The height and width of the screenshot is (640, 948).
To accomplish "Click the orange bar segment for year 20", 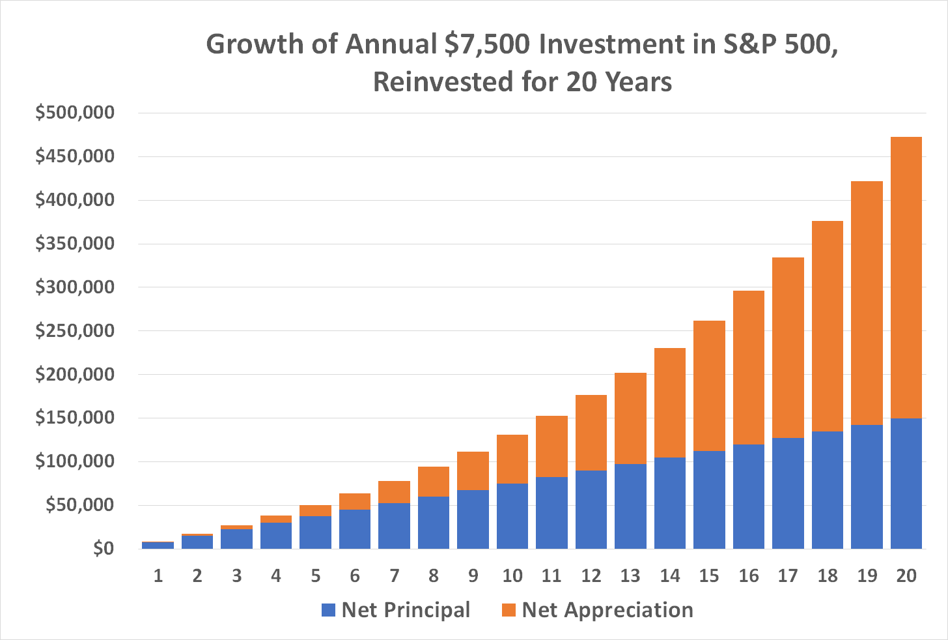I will click(x=906, y=277).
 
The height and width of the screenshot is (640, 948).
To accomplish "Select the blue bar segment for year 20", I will click(x=906, y=483).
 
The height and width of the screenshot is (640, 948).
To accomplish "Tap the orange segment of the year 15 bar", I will click(x=709, y=386).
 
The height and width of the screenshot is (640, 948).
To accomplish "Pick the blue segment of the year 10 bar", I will click(x=512, y=516).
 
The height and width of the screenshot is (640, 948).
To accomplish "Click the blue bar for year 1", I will click(x=158, y=545).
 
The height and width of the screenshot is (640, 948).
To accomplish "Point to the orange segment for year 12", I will click(x=591, y=433).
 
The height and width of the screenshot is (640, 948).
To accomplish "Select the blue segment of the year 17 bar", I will click(x=788, y=493).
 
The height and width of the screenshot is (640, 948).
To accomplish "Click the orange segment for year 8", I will click(x=433, y=482).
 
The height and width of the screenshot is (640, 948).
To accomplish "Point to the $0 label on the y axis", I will click(x=104, y=549).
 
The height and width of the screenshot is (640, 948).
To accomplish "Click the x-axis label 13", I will click(x=630, y=576).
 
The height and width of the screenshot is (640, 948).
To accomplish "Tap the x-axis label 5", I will click(x=315, y=576).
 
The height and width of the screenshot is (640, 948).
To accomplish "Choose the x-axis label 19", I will click(x=867, y=576).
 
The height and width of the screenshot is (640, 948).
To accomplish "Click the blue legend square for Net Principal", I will click(x=329, y=611).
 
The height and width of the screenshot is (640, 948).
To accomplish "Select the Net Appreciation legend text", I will click(x=607, y=610).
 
